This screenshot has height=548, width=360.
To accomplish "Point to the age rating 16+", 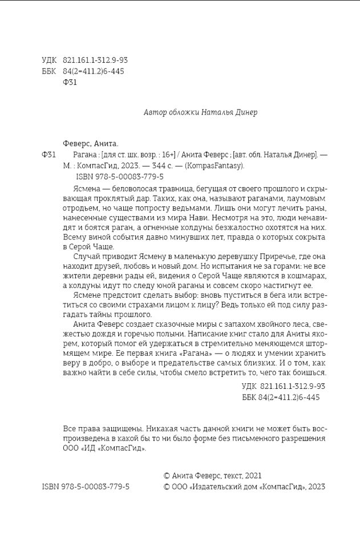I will tap(161, 155).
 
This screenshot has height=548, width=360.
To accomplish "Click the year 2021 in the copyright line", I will tap(253, 475).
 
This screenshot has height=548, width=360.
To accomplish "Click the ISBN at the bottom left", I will tap(86, 486).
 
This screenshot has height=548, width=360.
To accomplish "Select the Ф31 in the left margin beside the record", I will tap(49, 155).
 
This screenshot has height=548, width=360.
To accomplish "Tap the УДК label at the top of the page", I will tap(49, 60).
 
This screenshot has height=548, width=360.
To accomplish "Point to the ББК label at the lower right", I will tap(249, 397).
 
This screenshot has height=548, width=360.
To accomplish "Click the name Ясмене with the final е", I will tap(86, 295).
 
